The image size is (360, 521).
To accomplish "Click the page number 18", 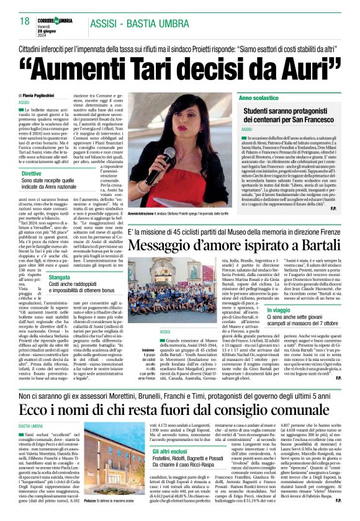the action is [x=24, y=22].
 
